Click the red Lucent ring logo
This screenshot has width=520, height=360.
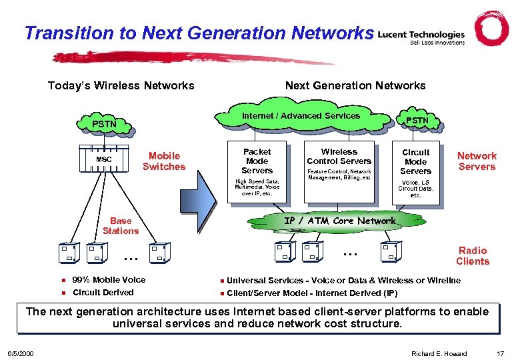pos(491,29)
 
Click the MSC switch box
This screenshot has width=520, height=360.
pos(104,159)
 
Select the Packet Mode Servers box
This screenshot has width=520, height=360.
pos(257,170)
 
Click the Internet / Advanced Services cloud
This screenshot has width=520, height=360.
pos(301,116)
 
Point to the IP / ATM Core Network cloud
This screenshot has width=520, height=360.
pos(339,221)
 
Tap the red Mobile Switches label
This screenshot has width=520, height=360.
pos(164,161)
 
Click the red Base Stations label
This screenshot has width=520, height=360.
pos(121,225)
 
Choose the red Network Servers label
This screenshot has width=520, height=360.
pos(477,161)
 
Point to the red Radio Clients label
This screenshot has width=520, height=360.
pos(473,256)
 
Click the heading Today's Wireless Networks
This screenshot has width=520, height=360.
pos(121,85)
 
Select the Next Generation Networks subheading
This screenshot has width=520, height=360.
pos(355,85)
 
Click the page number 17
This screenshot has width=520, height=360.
pos(500,353)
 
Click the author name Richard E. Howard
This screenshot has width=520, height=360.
pos(439,353)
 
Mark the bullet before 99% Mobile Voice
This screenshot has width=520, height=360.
pos(62,280)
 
